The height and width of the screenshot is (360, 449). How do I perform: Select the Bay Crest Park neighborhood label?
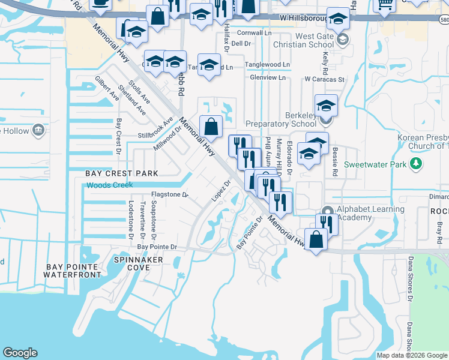[x=122, y=173]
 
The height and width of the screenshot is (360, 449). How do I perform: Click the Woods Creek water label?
[x=109, y=185]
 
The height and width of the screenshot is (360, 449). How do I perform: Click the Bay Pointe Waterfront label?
[x=72, y=270]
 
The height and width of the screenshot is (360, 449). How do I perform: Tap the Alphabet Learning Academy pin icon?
[x=327, y=212]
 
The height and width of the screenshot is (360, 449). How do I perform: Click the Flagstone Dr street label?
[x=169, y=195]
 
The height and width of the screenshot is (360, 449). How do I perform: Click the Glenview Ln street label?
[x=268, y=78]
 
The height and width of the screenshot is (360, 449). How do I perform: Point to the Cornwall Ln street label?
[x=255, y=34]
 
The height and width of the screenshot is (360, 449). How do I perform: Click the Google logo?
[x=20, y=353]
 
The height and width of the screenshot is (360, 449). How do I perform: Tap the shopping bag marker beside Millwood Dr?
[x=211, y=127]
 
